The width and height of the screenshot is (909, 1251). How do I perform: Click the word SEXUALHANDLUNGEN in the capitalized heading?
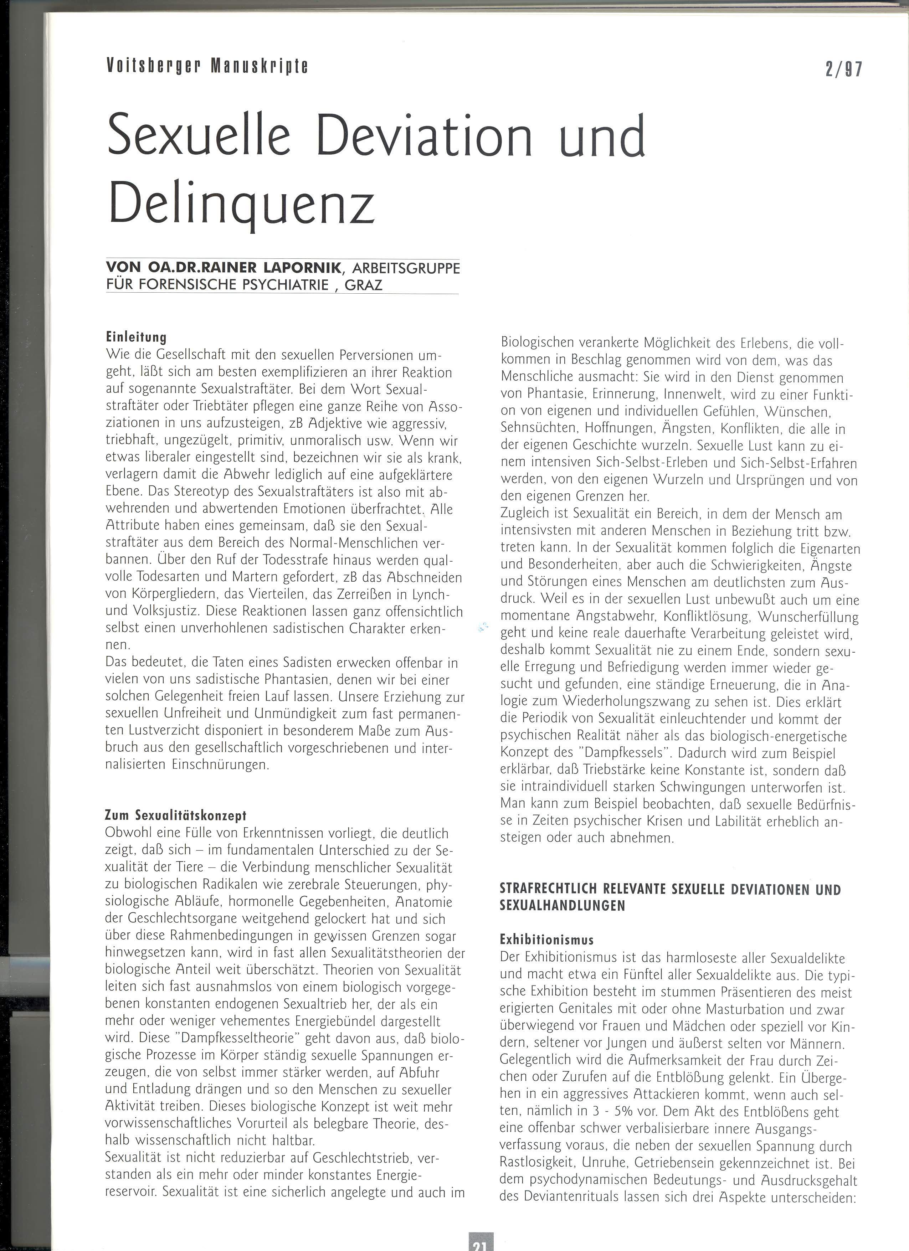point(562,906)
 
